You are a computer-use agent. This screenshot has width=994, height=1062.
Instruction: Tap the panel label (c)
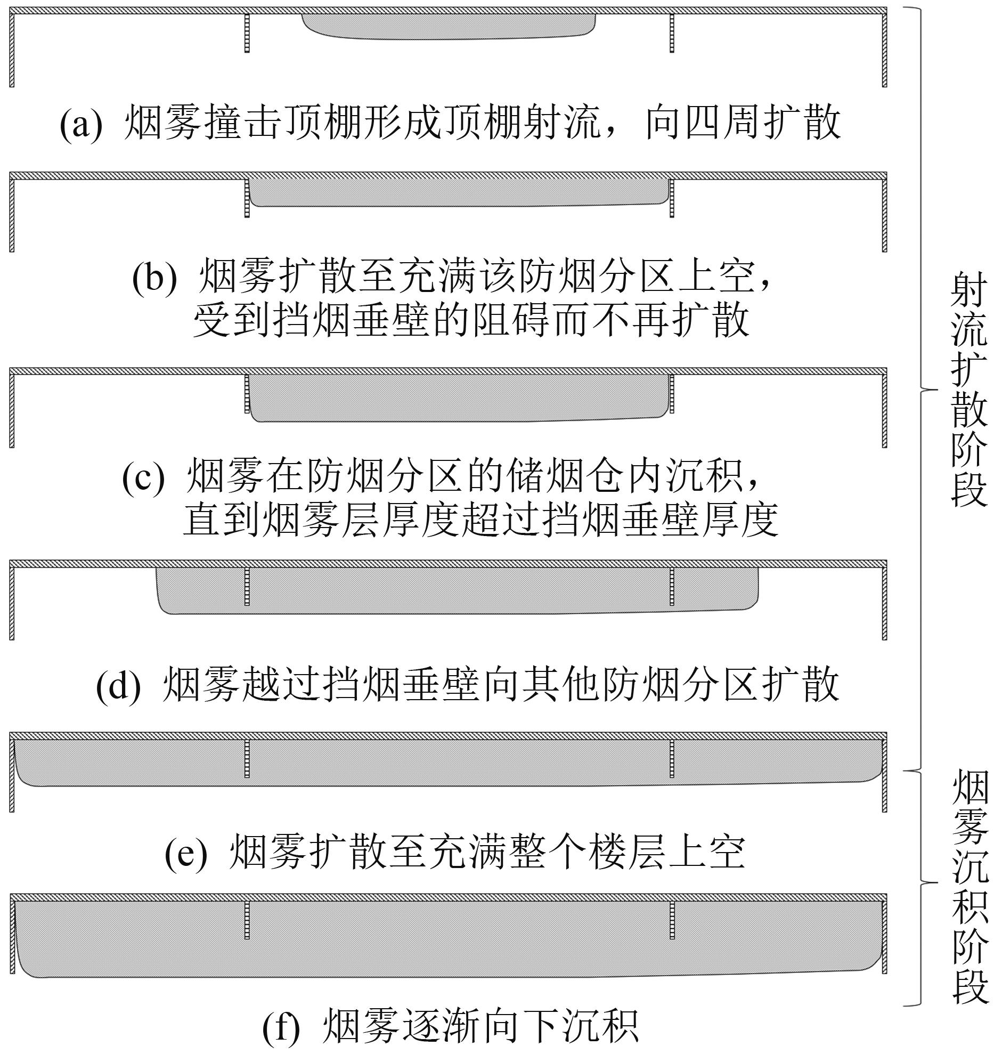click(144, 477)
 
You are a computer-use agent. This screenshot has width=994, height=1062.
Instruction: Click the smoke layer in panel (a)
click(449, 26)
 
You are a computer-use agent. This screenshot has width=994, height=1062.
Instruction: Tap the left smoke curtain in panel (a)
click(247, 33)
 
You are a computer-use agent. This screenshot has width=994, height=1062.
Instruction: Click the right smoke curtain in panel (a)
click(672, 33)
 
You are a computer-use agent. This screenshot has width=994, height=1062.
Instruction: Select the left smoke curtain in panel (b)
click(247, 198)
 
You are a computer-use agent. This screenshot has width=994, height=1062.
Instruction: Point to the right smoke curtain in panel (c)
click(672, 394)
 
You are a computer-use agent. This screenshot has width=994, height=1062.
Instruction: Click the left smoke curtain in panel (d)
click(247, 586)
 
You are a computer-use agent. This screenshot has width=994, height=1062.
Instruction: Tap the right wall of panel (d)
click(884, 603)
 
